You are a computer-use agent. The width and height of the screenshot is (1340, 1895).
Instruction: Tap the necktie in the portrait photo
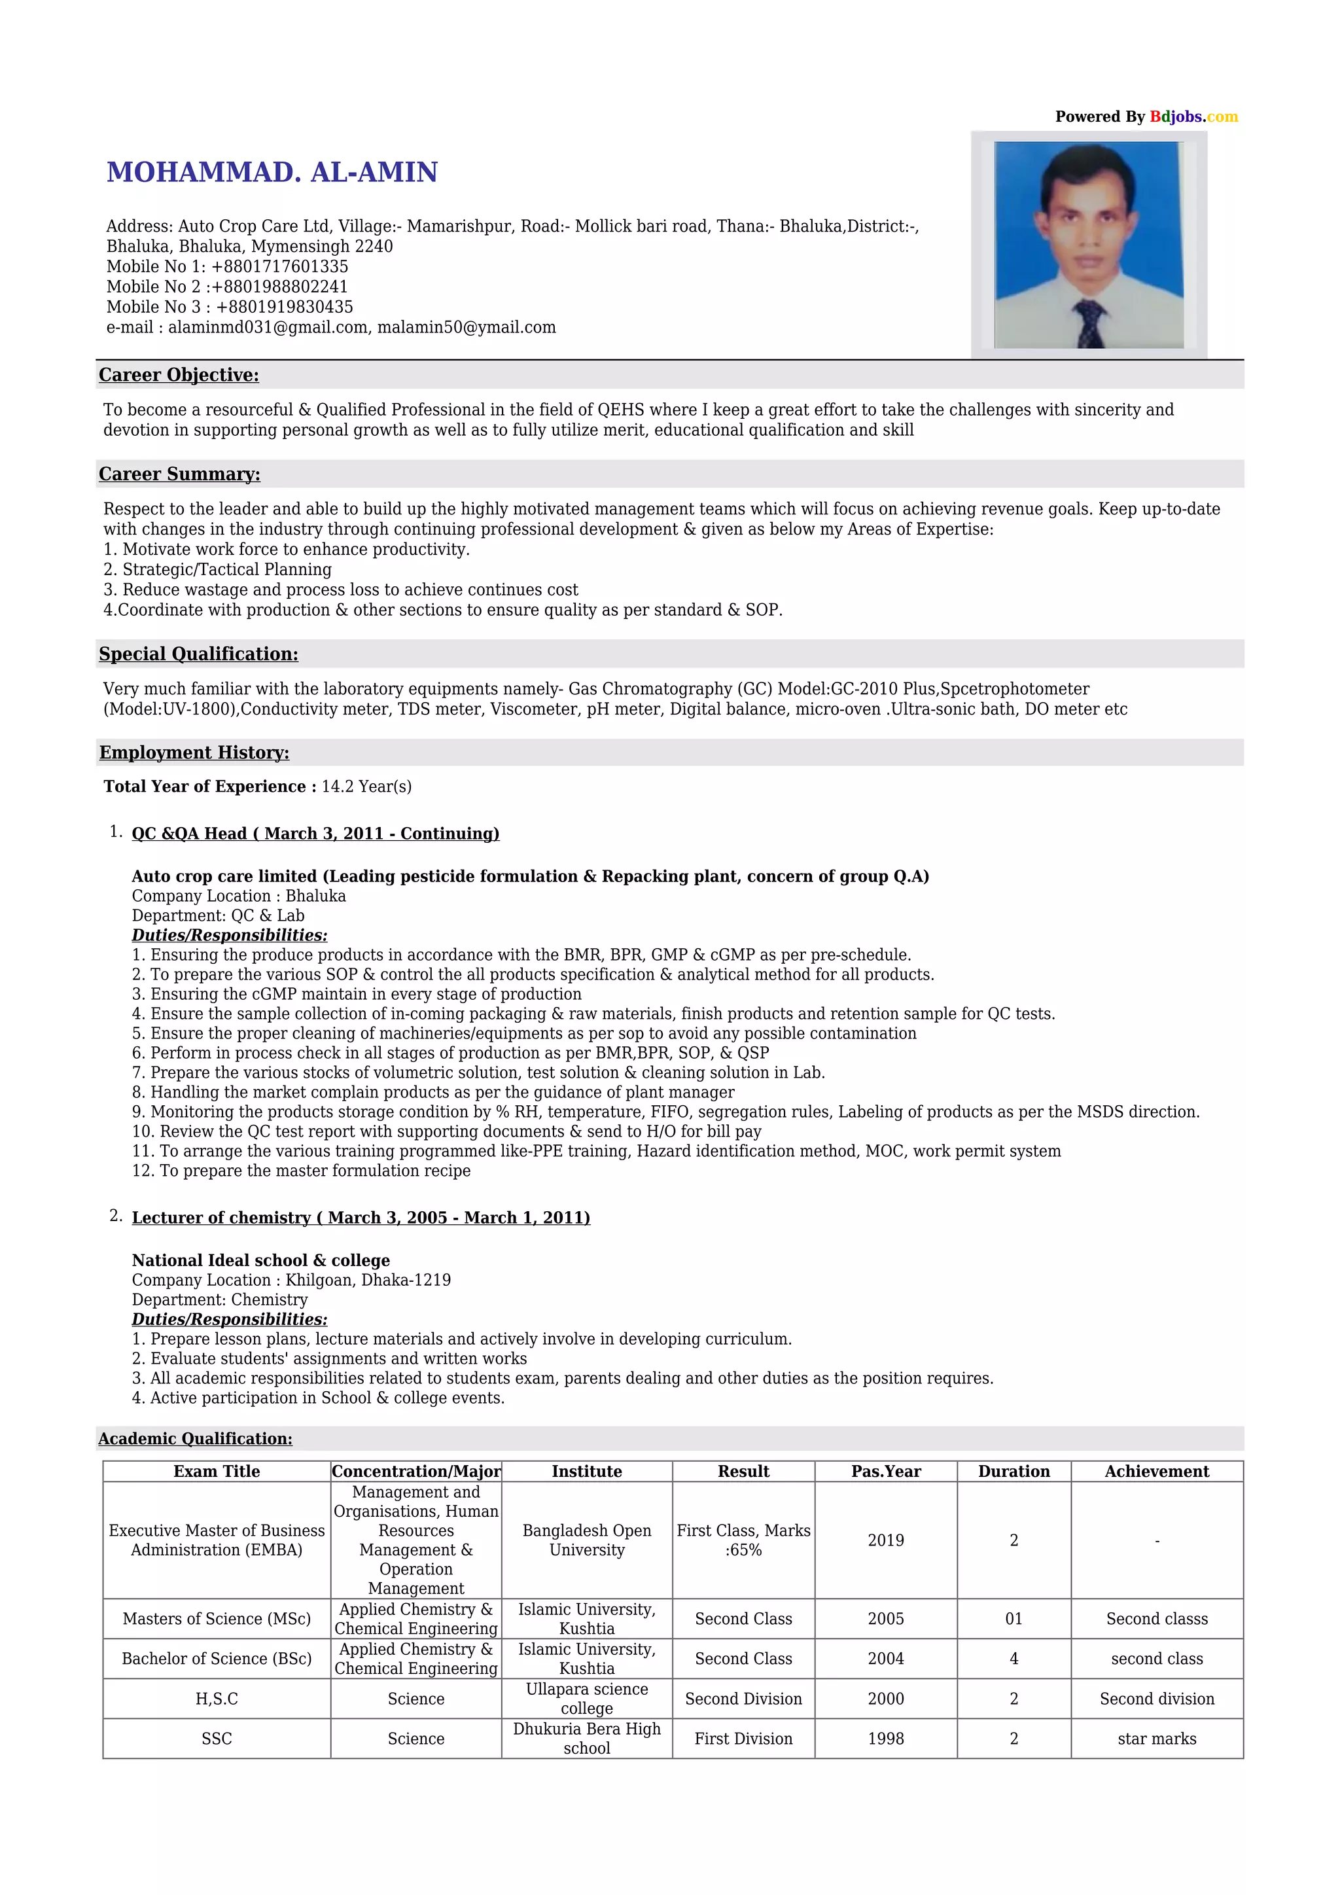[1090, 323]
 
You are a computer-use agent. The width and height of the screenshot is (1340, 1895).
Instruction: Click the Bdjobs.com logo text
[1193, 116]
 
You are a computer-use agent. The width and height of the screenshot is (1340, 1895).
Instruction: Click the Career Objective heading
[179, 375]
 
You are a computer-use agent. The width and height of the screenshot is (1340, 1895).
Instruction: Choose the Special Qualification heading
[198, 654]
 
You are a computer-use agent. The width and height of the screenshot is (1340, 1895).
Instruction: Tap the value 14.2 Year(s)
[366, 786]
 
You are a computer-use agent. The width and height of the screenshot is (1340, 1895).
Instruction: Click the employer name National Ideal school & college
[261, 1260]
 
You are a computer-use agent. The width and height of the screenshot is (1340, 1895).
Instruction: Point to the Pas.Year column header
[885, 1472]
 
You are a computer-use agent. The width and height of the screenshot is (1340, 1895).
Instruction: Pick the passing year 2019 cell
[885, 1540]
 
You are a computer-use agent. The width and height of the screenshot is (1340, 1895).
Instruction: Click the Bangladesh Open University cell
[587, 1540]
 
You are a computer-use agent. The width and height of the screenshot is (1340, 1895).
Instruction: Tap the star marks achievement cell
[1156, 1739]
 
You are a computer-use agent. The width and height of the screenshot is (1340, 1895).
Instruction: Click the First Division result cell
[743, 1739]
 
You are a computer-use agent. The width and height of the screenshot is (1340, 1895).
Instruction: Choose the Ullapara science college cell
[587, 1699]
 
